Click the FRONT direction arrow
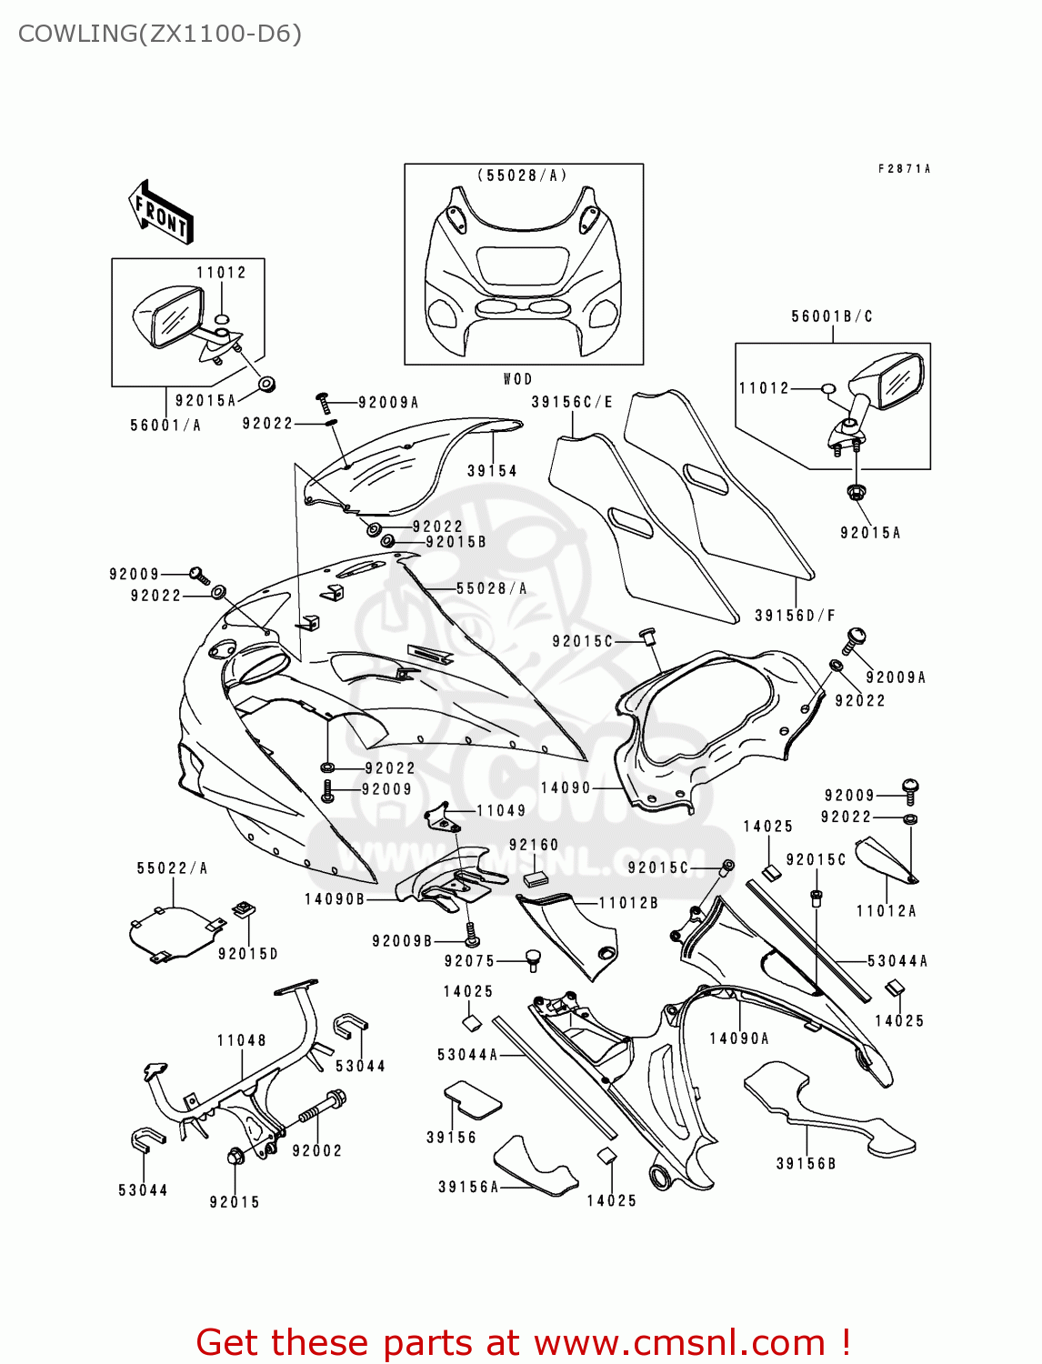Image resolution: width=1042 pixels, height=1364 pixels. coord(162,213)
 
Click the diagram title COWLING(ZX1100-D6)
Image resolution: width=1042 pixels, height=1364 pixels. coord(160,34)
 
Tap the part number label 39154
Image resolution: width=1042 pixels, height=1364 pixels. coord(492,470)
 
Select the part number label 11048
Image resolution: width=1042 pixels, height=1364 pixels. coord(242,1040)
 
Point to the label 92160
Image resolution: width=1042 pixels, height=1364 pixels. coord(534,845)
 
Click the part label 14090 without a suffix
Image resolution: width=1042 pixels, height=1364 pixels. coord(566,787)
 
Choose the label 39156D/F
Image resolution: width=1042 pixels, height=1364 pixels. coord(795,616)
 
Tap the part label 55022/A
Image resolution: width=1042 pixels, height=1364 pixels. coord(172,868)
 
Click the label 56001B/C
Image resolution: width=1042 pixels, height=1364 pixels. coord(832,316)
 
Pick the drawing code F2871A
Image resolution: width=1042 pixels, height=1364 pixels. coord(904,169)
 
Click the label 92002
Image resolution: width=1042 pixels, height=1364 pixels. coord(317,1150)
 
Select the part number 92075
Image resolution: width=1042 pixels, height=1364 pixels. coord(469,961)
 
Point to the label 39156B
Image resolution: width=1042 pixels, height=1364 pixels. coord(806,1163)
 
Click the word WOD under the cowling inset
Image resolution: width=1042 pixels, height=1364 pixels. coord(517,379)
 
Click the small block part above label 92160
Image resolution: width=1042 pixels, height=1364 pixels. coord(534,878)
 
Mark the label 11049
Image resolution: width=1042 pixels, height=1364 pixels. coord(501,810)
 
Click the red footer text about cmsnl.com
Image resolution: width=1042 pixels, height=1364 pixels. coord(523,1342)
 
